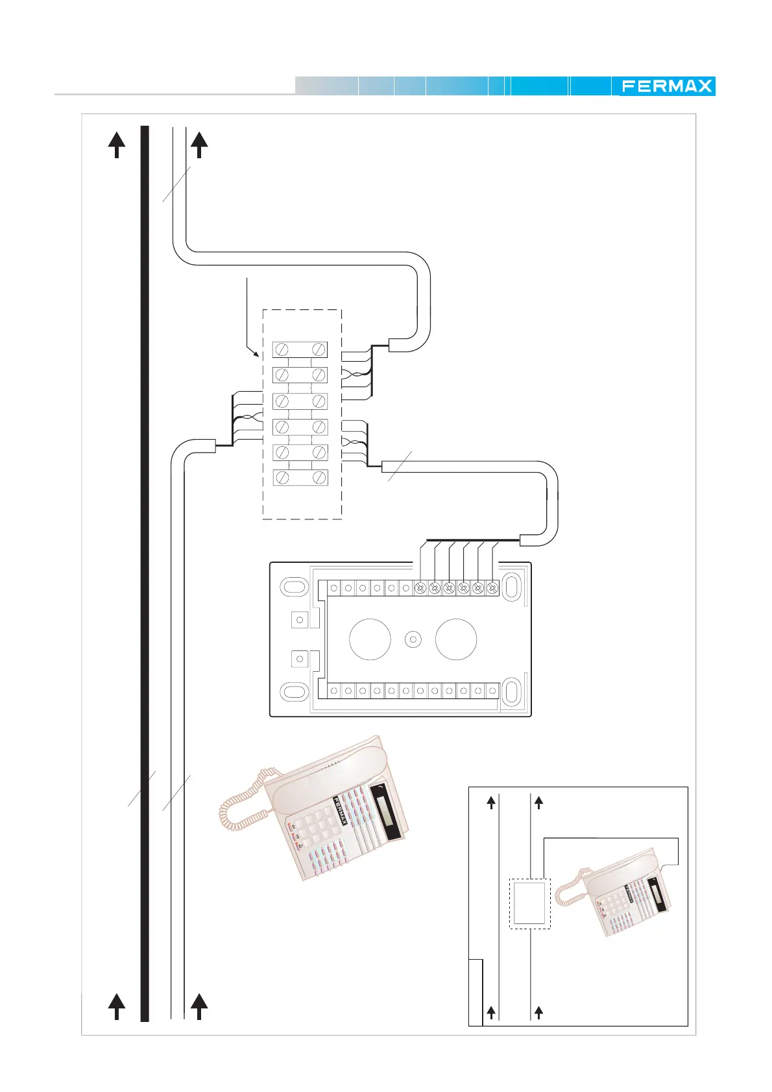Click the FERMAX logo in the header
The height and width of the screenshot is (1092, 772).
click(666, 86)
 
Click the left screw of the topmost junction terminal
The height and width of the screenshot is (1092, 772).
click(282, 350)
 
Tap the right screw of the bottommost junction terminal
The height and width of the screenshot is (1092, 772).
click(319, 478)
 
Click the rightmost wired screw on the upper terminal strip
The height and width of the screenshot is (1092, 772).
click(492, 588)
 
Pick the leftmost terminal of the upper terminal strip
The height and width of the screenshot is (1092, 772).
click(333, 588)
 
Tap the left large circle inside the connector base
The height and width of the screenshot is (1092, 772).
click(370, 639)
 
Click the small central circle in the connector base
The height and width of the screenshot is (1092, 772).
click(413, 639)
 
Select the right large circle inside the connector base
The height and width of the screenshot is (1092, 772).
click(456, 639)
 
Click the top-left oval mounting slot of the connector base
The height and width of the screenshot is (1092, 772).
click(293, 586)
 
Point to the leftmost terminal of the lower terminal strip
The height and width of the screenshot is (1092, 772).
click(333, 691)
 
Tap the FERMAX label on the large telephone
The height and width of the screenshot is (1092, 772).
click(341, 811)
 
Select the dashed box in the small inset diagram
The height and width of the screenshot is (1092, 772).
click(529, 903)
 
